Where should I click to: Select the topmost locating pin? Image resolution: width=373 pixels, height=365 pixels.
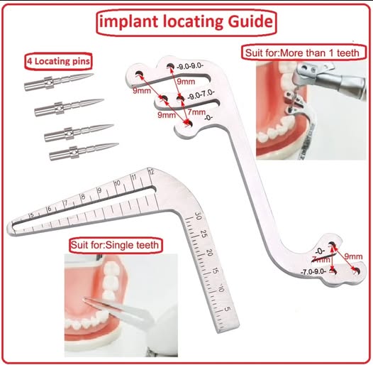click(x=57, y=82)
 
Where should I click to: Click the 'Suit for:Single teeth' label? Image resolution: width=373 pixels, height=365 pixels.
click(x=114, y=245)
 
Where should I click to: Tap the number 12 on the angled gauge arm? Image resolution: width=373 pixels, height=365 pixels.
click(x=150, y=171)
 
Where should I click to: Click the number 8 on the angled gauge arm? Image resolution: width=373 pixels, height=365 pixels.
click(x=82, y=196)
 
